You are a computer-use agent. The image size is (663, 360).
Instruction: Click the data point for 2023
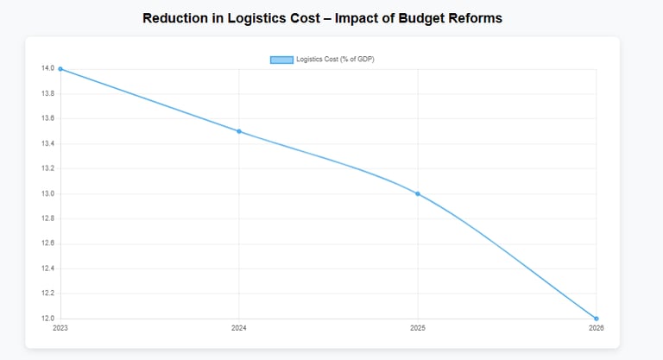[60, 68]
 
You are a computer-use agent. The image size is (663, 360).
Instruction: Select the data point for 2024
[239, 131]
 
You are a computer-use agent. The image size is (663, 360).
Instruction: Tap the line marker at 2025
[418, 193]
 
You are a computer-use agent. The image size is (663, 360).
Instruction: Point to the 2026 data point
[597, 319]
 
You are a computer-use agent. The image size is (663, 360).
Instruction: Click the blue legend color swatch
[281, 60]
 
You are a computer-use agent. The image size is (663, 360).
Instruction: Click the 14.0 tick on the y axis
[48, 68]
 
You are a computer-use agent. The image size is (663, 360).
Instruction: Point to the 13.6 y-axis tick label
[48, 118]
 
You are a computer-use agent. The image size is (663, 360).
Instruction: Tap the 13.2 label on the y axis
[48, 168]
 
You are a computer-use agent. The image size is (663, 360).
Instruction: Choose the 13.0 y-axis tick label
[48, 193]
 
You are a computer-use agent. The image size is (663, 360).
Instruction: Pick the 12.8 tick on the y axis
[48, 218]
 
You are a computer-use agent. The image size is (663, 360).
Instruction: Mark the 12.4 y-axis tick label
[48, 268]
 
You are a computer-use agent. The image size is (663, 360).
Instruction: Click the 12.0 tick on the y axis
[48, 319]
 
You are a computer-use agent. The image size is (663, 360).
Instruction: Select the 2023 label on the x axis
[60, 328]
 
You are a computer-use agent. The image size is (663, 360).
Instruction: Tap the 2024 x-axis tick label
[239, 328]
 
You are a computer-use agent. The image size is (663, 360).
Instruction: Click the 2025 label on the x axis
[418, 328]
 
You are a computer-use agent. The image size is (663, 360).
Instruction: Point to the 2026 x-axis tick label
[597, 328]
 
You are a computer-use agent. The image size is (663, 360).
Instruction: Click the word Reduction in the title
[180, 18]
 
